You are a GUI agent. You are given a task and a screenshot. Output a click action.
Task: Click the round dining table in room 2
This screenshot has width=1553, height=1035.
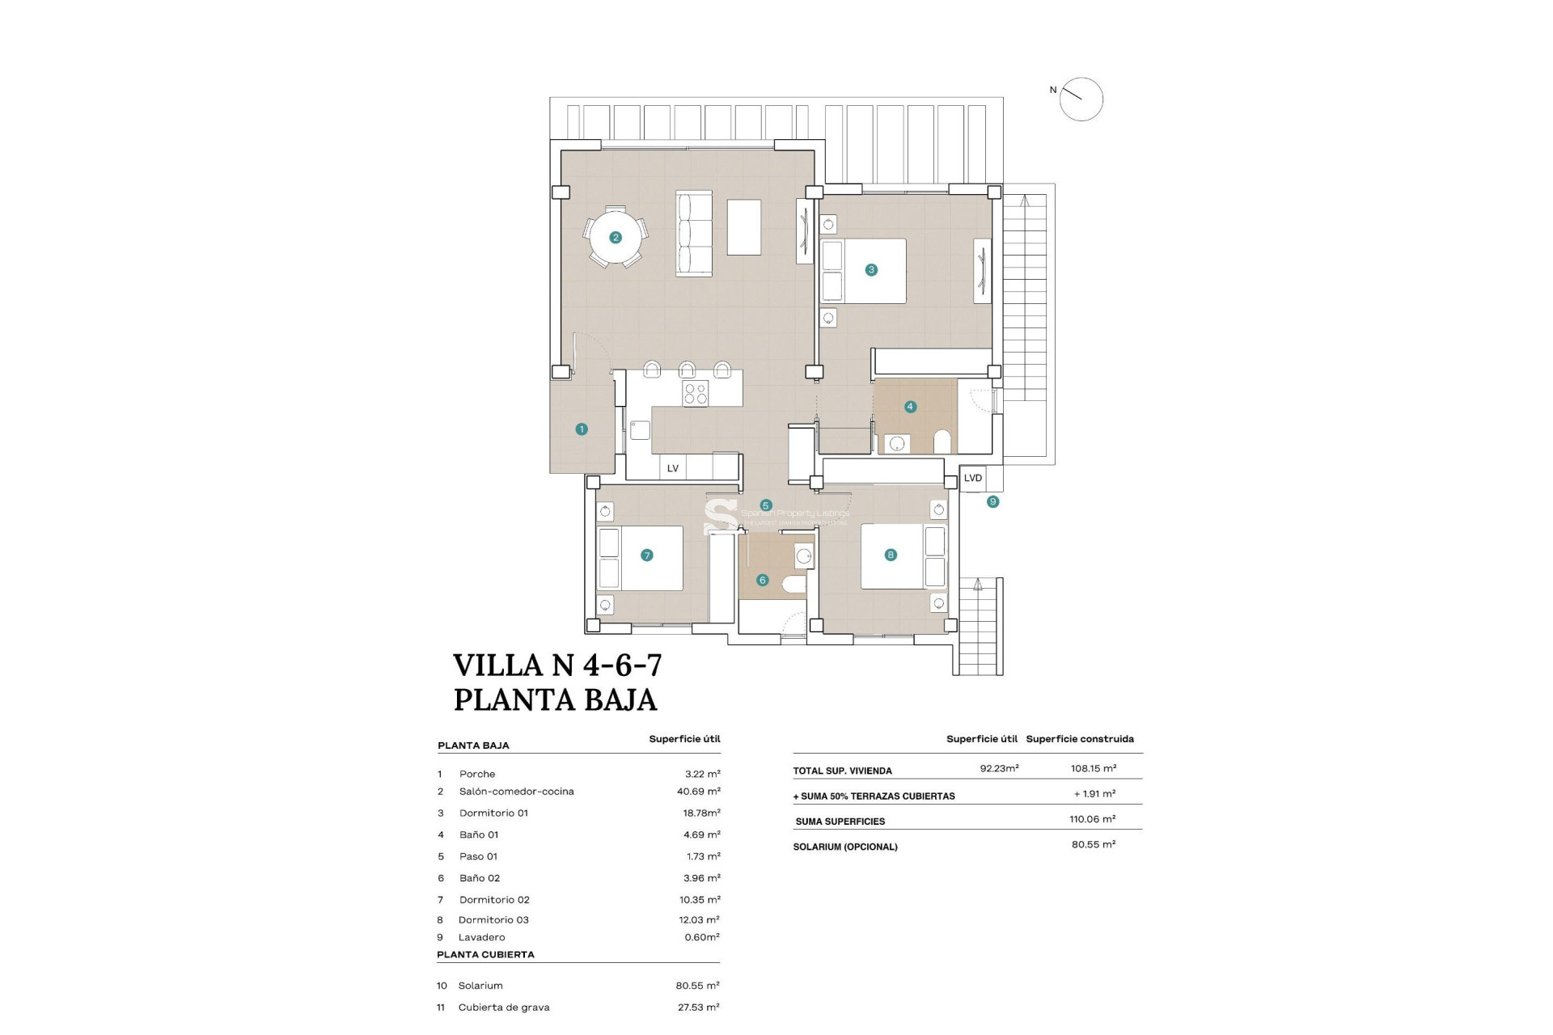(616, 237)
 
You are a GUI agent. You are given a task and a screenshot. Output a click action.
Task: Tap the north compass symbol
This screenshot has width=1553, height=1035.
(1081, 99)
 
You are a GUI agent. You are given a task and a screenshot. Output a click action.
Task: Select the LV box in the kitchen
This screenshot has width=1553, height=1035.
(672, 468)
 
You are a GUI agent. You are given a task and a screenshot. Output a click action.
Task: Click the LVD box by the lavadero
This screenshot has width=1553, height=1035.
(972, 478)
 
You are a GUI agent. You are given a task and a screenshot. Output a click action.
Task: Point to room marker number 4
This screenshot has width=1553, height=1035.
(910, 407)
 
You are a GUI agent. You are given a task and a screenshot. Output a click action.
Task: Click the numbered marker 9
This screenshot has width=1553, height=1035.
(992, 502)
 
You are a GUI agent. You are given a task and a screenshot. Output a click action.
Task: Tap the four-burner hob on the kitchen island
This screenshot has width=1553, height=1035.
(695, 394)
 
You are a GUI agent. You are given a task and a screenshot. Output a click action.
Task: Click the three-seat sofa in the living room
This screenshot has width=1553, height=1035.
(693, 234)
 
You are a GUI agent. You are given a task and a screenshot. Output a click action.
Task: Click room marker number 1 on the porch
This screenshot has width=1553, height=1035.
(582, 429)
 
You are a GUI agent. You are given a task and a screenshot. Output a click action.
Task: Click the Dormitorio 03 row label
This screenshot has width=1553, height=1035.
(493, 920)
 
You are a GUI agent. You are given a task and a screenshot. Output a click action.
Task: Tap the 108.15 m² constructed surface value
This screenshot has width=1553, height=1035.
(1093, 769)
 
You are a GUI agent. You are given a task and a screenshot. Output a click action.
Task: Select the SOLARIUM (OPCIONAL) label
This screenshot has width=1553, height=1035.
(845, 847)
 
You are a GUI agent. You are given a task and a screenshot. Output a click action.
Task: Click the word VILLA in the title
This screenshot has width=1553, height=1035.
(497, 665)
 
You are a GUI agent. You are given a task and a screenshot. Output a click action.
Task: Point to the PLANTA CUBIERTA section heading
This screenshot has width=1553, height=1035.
(485, 955)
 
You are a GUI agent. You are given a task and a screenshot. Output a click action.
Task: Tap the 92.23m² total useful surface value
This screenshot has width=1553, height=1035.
(999, 769)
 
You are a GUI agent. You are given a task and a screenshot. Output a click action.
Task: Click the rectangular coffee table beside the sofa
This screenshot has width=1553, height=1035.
(743, 227)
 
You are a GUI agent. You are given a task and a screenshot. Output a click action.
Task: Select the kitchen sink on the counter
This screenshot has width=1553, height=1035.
(640, 429)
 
